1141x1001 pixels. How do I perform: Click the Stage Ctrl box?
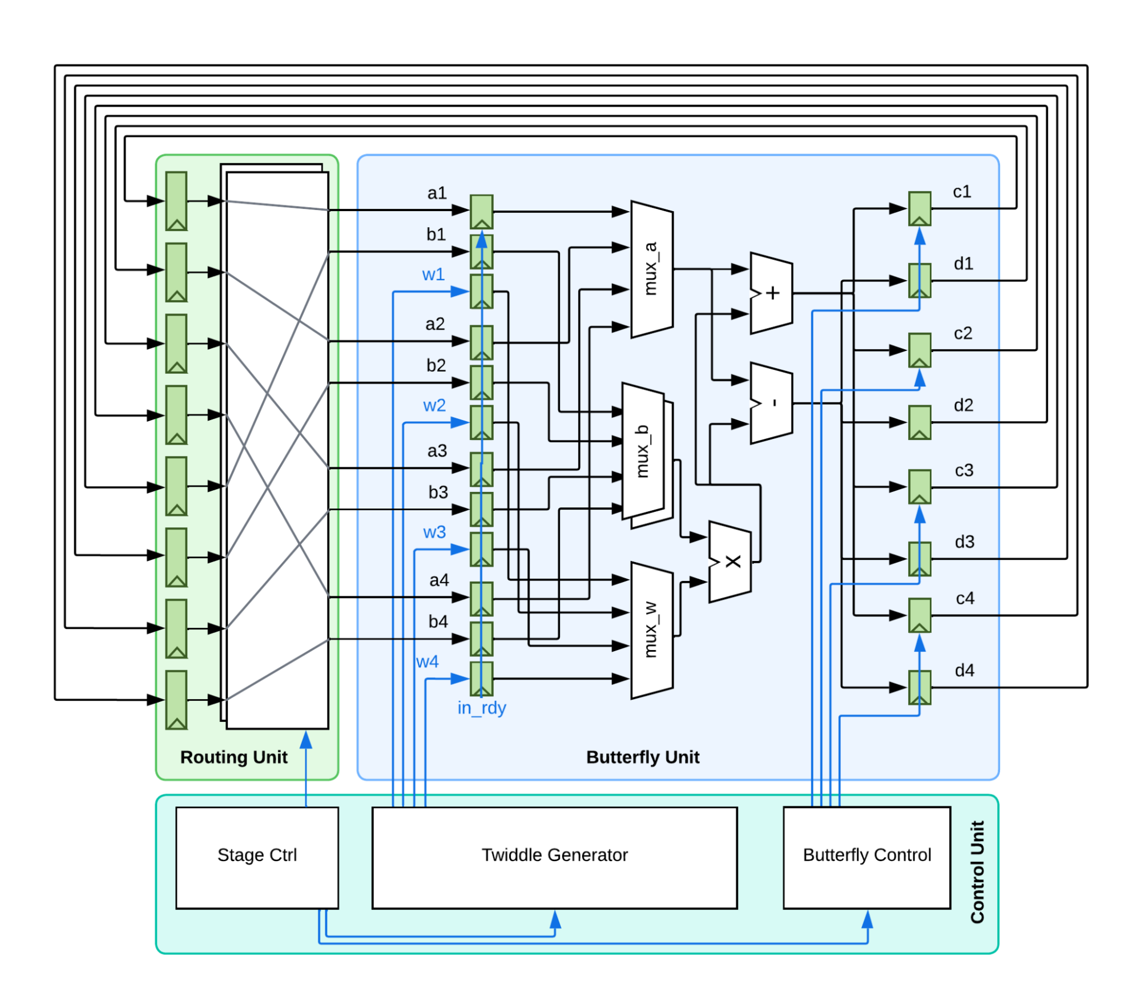(257, 857)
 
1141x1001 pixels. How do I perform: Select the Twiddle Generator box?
(554, 857)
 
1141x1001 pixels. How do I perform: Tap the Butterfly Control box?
(866, 857)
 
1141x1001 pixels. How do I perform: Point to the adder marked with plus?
(771, 293)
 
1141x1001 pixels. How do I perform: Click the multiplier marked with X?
(730, 562)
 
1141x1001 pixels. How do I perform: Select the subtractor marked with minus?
(771, 403)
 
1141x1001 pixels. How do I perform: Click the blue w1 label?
(433, 275)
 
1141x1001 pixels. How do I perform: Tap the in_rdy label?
(482, 708)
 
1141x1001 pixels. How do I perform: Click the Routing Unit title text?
(234, 757)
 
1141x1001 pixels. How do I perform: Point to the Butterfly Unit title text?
(643, 757)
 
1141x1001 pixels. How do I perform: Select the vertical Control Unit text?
(977, 872)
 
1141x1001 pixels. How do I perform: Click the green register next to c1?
(920, 209)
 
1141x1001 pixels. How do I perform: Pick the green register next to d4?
(920, 687)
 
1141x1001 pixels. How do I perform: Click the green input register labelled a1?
(481, 212)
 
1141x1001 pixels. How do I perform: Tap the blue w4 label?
(427, 662)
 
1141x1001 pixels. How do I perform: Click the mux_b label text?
(643, 451)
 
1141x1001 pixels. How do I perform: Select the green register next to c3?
(920, 487)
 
